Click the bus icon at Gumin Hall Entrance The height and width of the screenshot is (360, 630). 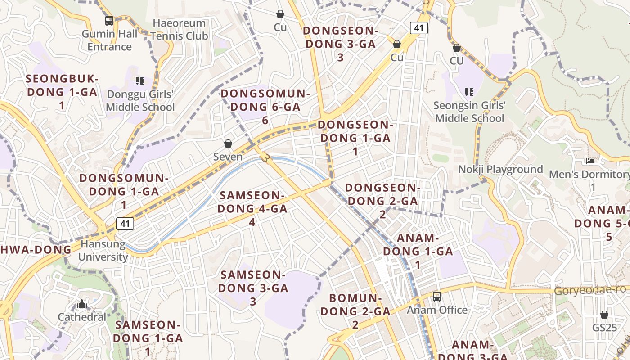(x=109, y=21)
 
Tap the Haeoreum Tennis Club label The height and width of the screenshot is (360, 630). (x=179, y=30)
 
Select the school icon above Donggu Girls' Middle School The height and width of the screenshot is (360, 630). (x=140, y=81)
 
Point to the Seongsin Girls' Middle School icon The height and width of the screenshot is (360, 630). (x=469, y=92)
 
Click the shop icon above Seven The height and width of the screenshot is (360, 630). (x=228, y=144)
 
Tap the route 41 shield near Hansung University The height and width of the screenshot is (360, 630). (x=125, y=223)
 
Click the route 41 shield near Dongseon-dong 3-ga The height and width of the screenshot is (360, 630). (x=418, y=28)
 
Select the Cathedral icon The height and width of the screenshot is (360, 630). (x=81, y=304)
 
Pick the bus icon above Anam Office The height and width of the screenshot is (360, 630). (x=437, y=297)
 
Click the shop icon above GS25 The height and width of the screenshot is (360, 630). (x=604, y=315)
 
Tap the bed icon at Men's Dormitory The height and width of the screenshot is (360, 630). (x=590, y=161)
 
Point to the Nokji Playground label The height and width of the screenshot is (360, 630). (x=500, y=170)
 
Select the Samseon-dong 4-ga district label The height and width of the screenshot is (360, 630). (x=252, y=208)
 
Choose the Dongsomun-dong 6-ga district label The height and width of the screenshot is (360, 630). (x=265, y=107)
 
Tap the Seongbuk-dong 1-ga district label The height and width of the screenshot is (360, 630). (x=62, y=92)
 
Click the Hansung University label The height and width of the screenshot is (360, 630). (x=103, y=251)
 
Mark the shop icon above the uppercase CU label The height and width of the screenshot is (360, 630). (x=457, y=48)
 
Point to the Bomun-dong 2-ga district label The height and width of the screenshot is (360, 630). (x=355, y=311)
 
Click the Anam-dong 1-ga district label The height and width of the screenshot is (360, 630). (x=418, y=251)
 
